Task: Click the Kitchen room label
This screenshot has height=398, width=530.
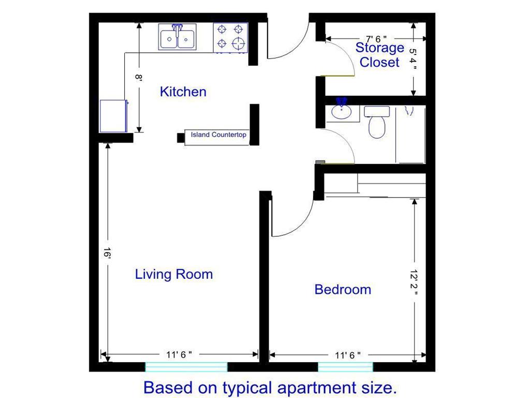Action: (183, 92)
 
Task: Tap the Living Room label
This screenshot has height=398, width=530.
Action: (174, 274)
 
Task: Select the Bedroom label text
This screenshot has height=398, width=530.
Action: (343, 290)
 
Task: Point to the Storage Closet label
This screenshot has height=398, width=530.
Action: (379, 55)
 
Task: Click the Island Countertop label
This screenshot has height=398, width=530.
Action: (218, 135)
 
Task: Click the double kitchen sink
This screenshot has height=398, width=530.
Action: (177, 37)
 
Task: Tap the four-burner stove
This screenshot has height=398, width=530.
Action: (230, 37)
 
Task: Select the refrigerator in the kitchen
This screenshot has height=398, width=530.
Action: (113, 116)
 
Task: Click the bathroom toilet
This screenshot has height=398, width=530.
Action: (377, 122)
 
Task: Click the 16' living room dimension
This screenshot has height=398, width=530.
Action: (107, 253)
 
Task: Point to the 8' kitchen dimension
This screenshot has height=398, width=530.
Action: (139, 77)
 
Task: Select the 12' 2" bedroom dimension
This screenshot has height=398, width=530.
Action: (414, 281)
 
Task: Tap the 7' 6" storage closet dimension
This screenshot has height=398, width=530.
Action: (376, 39)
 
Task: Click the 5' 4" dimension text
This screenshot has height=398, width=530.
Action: (413, 59)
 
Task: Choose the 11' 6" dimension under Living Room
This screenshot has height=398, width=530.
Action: (179, 354)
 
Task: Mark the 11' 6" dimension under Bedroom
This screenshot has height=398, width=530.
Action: (347, 355)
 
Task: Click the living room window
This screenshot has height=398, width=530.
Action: (186, 367)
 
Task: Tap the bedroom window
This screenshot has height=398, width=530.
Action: (345, 367)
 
